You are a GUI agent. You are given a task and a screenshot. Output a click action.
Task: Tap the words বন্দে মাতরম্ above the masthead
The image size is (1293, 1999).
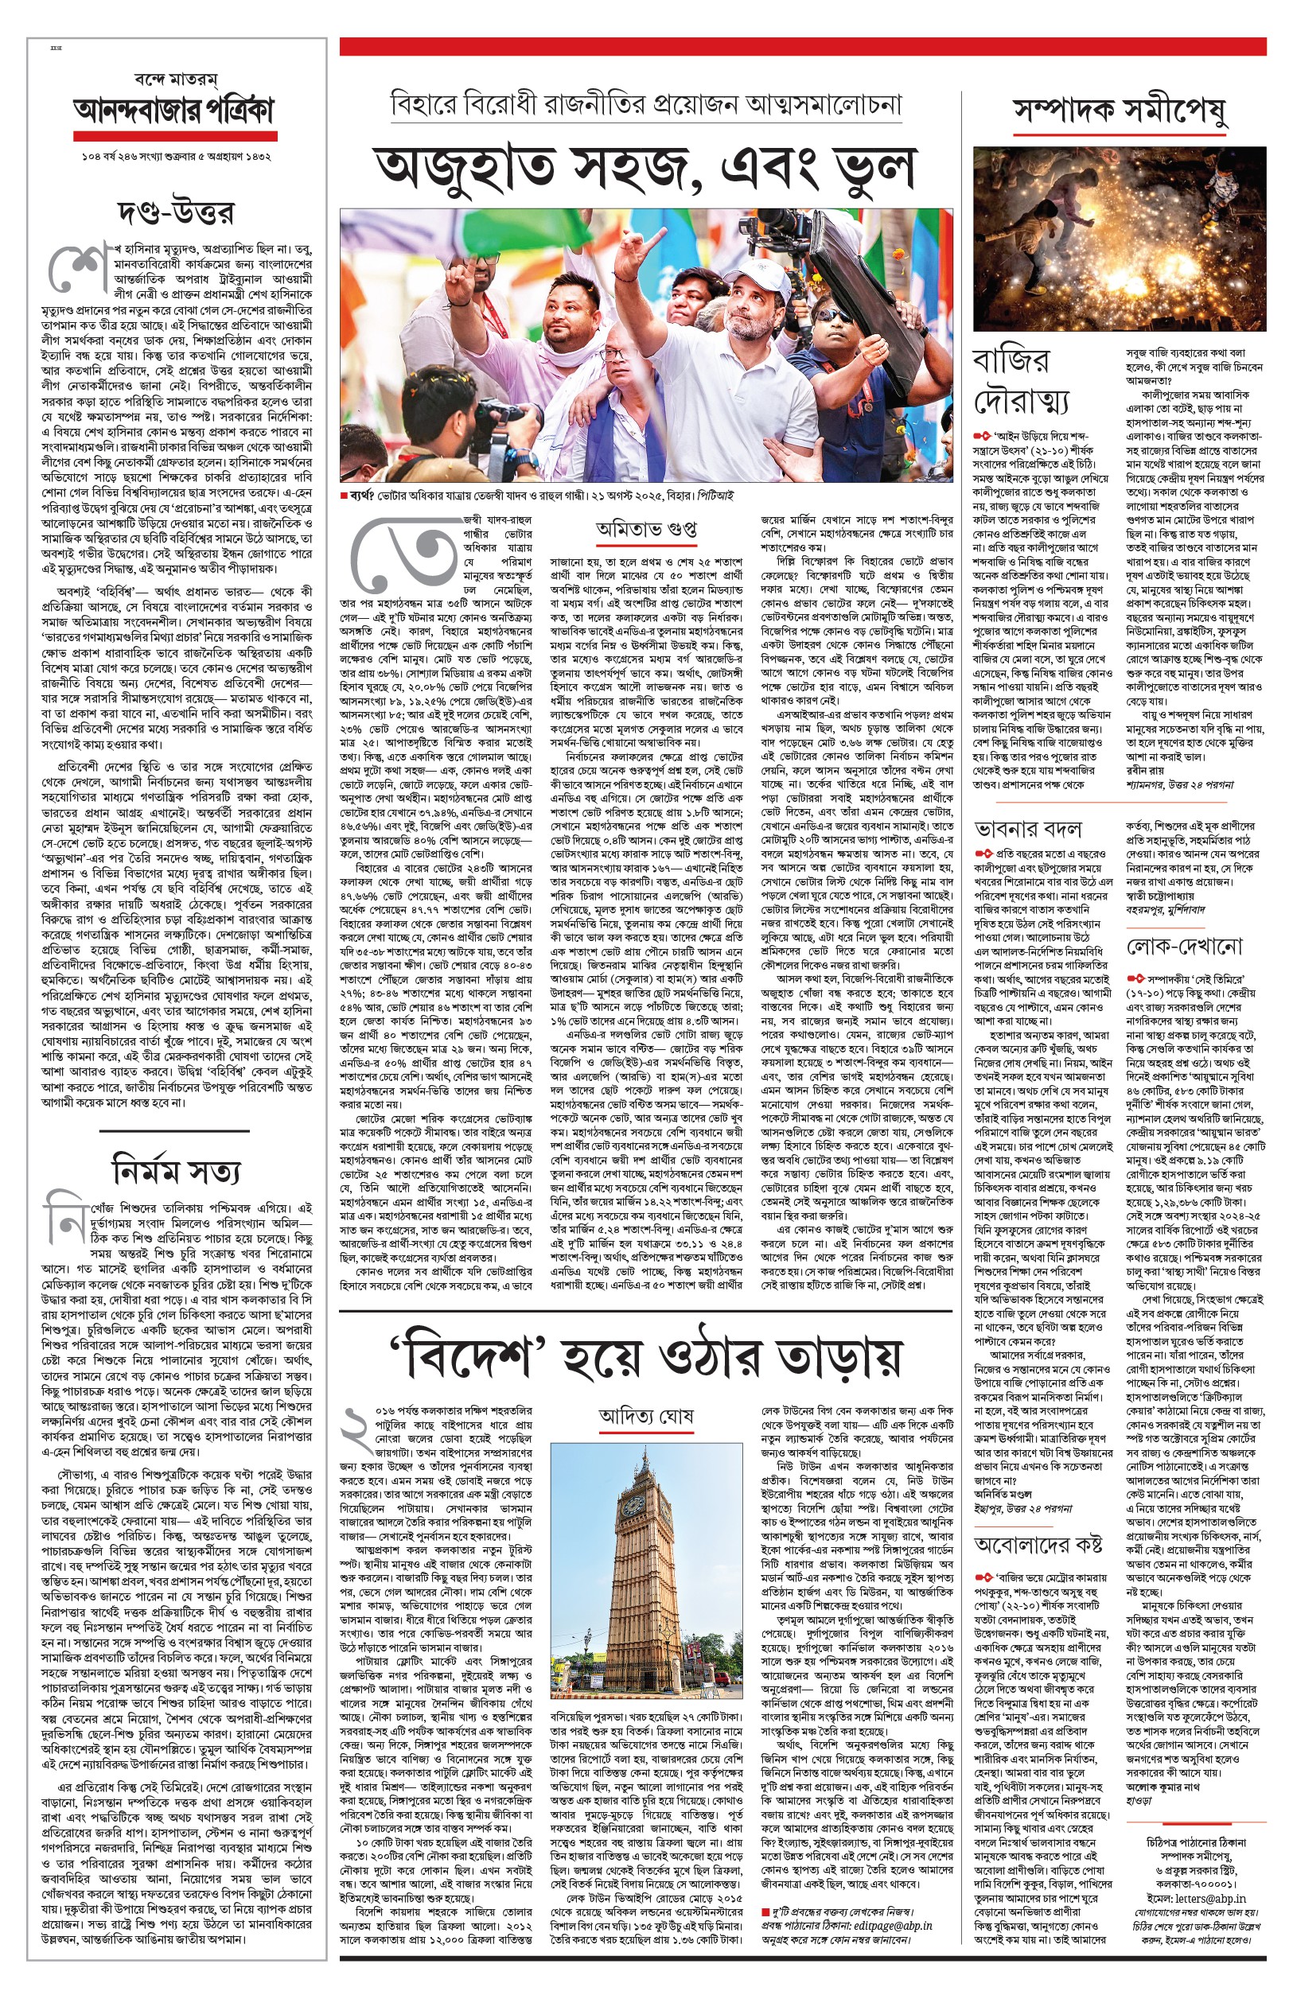176,80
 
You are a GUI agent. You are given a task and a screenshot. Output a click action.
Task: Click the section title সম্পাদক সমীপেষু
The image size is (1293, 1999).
1120,110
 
